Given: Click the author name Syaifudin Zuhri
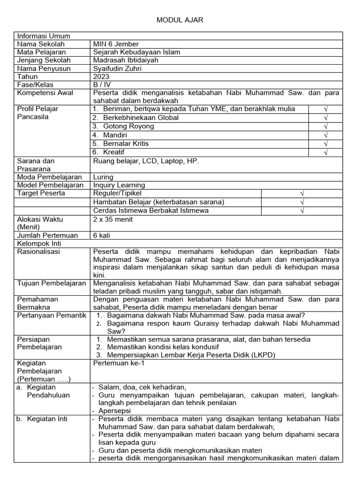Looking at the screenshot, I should (117, 68).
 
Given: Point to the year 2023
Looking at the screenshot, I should (101, 76).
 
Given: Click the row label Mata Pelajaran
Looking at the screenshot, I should (41, 52).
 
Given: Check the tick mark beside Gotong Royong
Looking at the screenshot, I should (325, 127).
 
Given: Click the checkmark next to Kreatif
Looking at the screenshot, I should (325, 152).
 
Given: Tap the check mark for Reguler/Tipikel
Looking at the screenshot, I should (302, 194).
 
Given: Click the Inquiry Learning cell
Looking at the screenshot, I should (119, 185).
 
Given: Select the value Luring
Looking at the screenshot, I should (103, 177).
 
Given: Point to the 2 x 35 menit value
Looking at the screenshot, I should (113, 219).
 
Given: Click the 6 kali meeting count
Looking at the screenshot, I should (102, 235).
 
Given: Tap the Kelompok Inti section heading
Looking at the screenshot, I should (39, 244).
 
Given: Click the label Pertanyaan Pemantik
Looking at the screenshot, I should (52, 315).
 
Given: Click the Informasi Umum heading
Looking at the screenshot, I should (44, 36).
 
